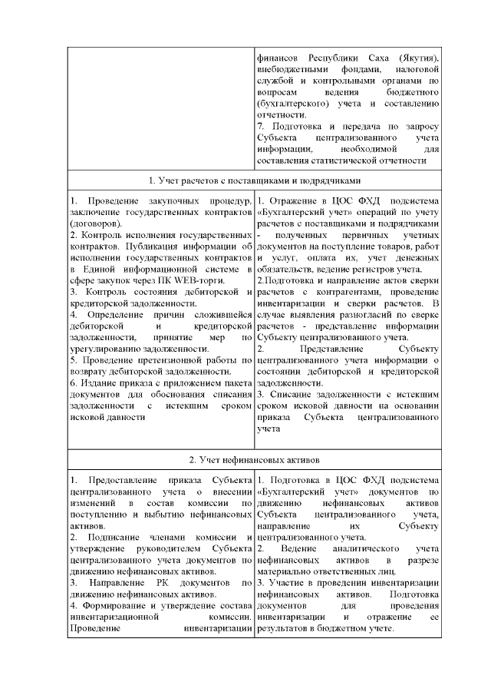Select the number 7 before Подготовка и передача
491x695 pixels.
(261, 126)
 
